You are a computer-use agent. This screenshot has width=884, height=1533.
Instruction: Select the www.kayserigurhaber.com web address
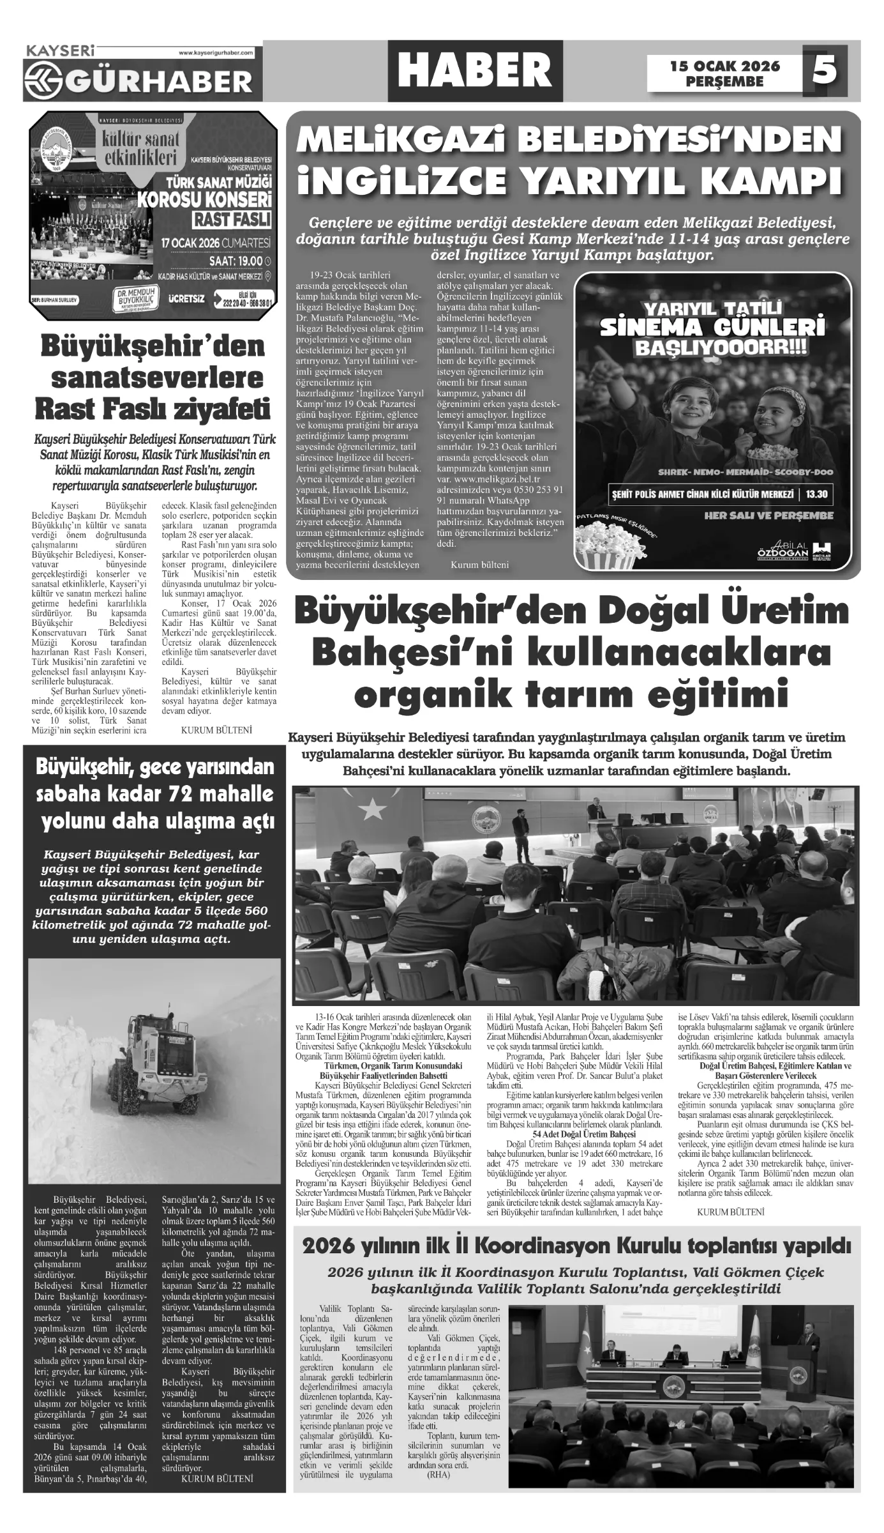pos(216,52)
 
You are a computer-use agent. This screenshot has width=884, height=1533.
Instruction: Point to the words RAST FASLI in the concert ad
pos(232,219)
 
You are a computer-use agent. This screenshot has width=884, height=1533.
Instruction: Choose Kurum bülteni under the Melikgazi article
pos(479,565)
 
